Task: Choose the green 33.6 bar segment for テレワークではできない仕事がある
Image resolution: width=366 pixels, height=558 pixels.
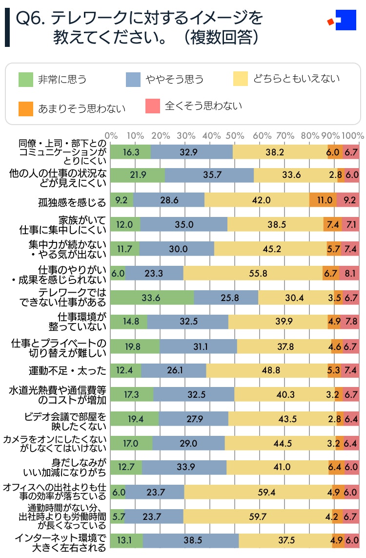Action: (x=152, y=297)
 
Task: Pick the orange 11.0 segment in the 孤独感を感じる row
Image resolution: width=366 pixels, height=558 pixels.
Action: (x=323, y=200)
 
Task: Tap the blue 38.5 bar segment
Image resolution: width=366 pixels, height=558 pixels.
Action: (x=191, y=541)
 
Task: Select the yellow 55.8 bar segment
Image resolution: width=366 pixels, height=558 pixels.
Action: (x=253, y=273)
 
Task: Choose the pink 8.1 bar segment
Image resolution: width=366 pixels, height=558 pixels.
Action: (x=349, y=273)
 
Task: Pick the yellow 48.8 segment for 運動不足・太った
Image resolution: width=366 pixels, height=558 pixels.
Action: (x=267, y=370)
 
